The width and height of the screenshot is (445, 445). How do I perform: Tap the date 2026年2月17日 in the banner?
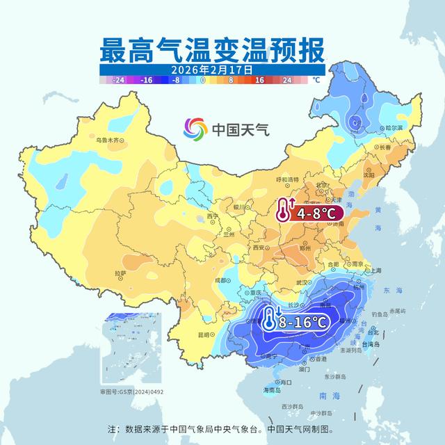[213, 70]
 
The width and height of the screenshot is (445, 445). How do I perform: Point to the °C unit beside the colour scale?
[316, 80]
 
